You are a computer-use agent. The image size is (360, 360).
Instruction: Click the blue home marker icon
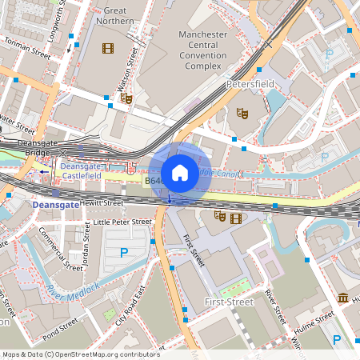tap(180, 173)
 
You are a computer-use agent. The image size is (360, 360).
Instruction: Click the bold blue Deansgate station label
tap(56, 205)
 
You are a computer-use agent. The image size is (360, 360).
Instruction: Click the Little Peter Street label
tap(122, 222)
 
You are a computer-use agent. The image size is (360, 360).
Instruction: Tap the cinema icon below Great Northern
tap(106, 48)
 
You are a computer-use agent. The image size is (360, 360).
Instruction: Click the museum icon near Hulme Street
tap(343, 298)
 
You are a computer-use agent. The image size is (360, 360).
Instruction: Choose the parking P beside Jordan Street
tap(124, 253)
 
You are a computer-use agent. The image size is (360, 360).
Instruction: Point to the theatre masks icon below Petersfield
tap(242, 113)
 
